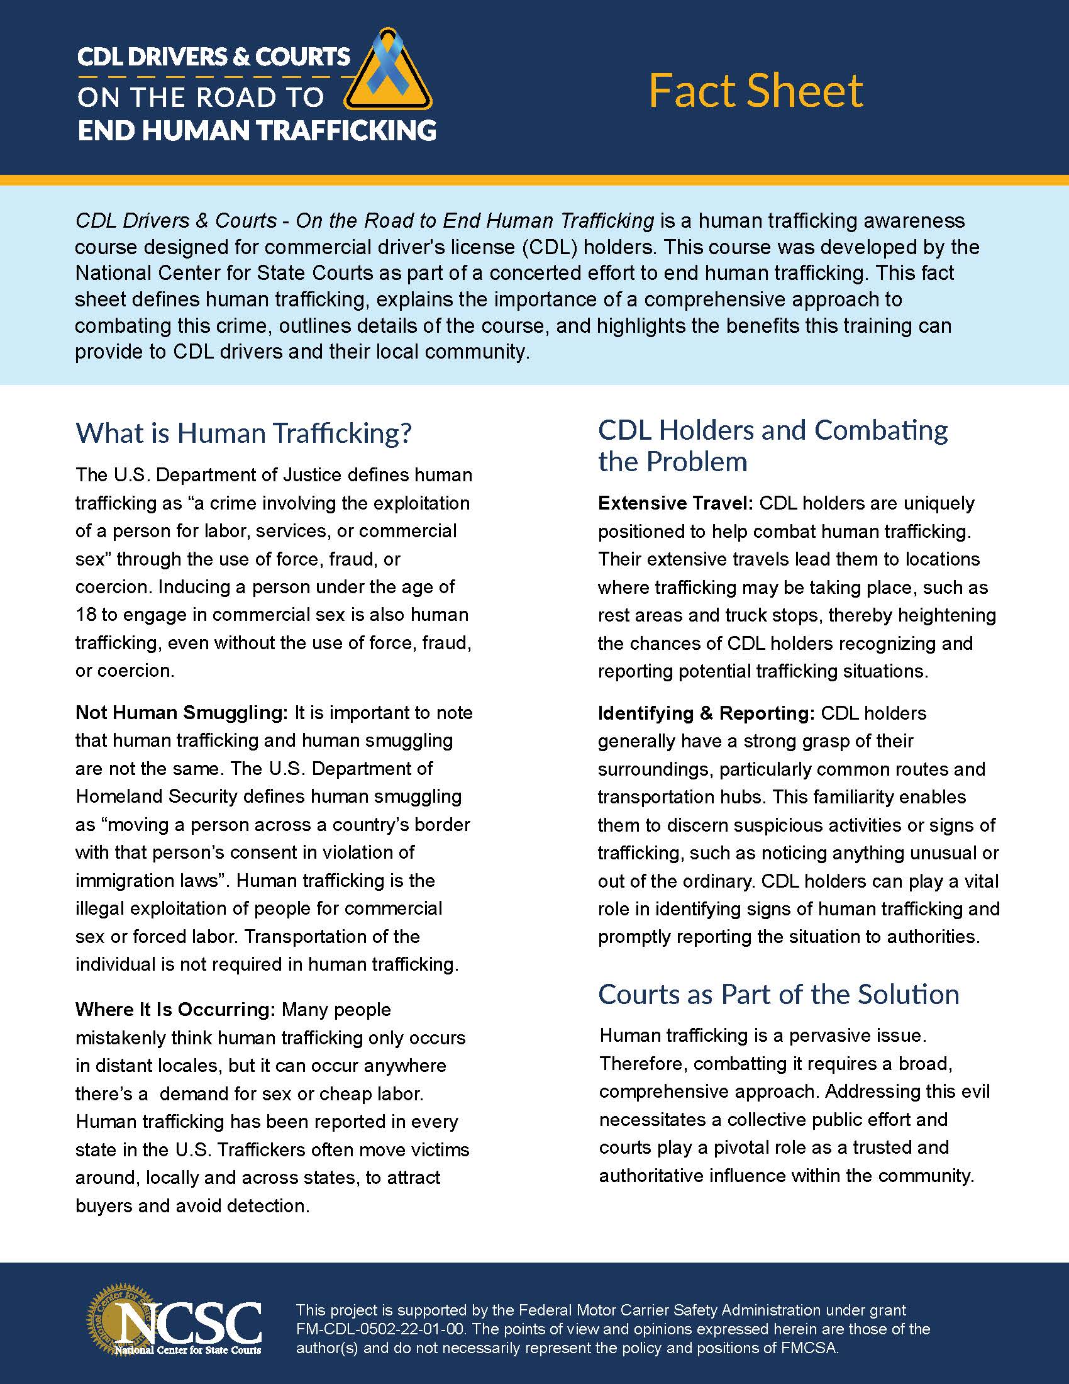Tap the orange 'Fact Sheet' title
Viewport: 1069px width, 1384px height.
coord(755,91)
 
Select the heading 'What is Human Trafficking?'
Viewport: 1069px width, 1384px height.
coord(243,433)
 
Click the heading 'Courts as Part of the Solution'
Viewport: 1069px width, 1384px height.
coord(778,994)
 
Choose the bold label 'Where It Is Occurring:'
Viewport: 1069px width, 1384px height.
coord(175,1010)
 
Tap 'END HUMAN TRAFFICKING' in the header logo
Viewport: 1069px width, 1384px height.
coord(257,130)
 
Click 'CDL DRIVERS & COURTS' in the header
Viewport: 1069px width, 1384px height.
coord(213,57)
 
